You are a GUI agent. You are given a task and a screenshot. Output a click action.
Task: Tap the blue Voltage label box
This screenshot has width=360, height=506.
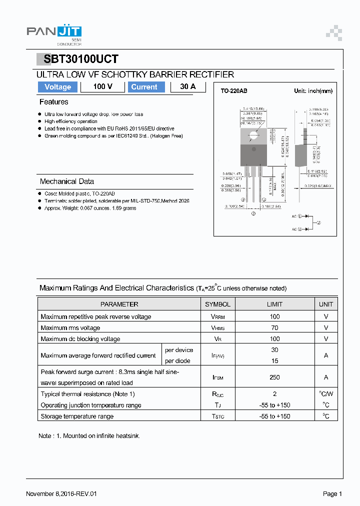point(58,87)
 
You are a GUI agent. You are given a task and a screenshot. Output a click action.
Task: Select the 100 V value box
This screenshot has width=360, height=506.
point(102,87)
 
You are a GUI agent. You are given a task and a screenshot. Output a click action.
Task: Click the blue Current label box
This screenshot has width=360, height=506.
point(144,87)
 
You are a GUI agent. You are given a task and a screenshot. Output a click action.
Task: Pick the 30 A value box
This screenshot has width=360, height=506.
point(188,87)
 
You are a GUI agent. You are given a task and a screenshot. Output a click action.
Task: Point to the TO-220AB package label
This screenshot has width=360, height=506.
point(234,91)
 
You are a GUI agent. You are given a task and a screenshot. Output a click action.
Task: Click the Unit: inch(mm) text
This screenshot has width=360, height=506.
point(313,91)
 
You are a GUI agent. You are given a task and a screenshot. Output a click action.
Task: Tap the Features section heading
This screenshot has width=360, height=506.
point(54,102)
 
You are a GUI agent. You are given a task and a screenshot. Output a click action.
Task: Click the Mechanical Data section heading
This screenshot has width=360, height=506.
point(67,181)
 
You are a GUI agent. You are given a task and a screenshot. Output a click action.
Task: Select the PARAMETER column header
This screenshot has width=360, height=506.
point(119,304)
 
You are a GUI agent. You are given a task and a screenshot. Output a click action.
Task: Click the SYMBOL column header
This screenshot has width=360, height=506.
point(217,304)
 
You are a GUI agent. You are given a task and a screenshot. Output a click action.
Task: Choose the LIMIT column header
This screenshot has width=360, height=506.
point(274,304)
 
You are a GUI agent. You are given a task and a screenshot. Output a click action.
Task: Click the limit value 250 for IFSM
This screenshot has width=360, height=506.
point(274,377)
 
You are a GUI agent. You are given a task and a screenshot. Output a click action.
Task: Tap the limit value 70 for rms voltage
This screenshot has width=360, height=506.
point(274,328)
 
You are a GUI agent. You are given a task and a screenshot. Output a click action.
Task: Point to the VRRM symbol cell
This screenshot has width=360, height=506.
point(217,317)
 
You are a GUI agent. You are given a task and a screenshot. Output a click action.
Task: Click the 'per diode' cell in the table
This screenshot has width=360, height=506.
point(178,361)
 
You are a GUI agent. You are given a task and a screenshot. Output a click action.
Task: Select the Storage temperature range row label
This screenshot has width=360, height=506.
point(77,416)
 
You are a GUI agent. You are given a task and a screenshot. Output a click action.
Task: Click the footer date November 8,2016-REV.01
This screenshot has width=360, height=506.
point(61,494)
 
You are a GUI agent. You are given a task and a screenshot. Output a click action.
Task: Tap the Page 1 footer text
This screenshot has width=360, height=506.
point(332,494)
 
